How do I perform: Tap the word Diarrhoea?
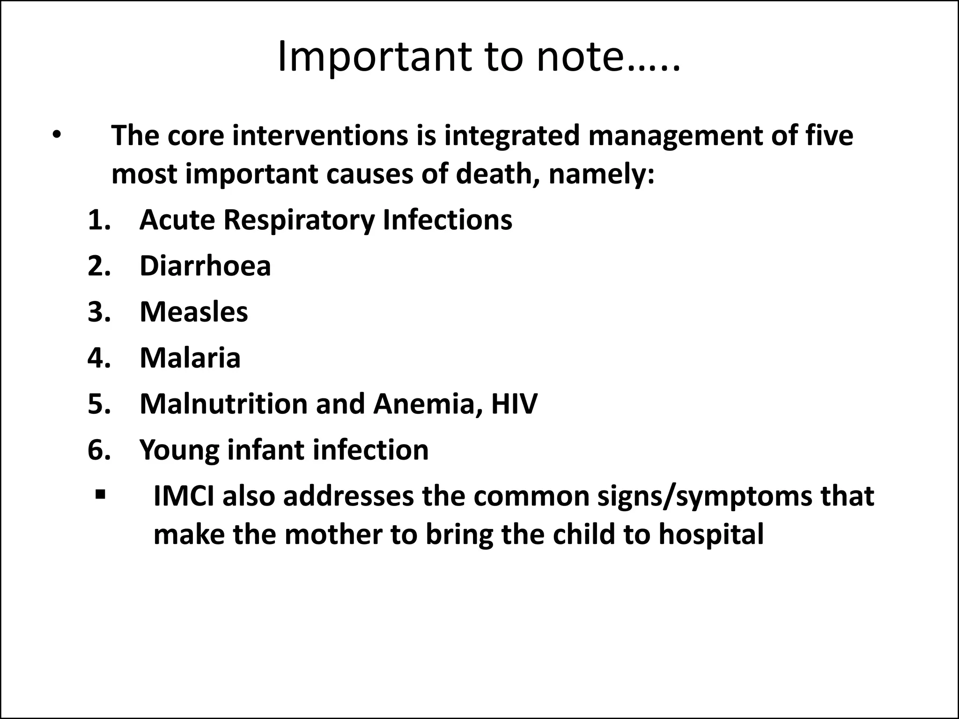click(205, 266)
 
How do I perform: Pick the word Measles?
click(194, 312)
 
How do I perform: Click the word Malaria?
click(190, 358)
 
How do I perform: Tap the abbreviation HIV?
click(514, 404)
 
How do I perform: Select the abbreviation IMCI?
click(183, 496)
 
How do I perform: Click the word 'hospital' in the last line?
click(711, 535)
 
